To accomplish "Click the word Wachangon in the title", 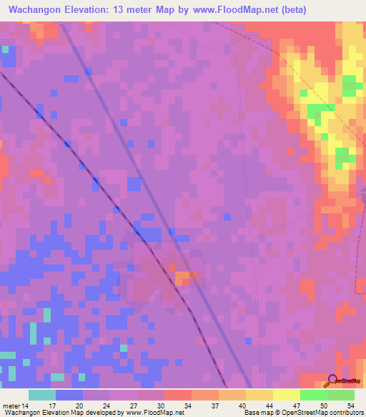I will click(41, 10).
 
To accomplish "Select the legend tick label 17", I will click(52, 406).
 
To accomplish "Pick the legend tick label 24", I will click(107, 406).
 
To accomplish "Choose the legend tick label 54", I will click(350, 406).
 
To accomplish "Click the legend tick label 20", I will click(79, 406).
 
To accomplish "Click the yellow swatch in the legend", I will click(286, 395).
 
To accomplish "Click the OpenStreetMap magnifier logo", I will click(333, 381).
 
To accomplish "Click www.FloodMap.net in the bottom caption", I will click(153, 413).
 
